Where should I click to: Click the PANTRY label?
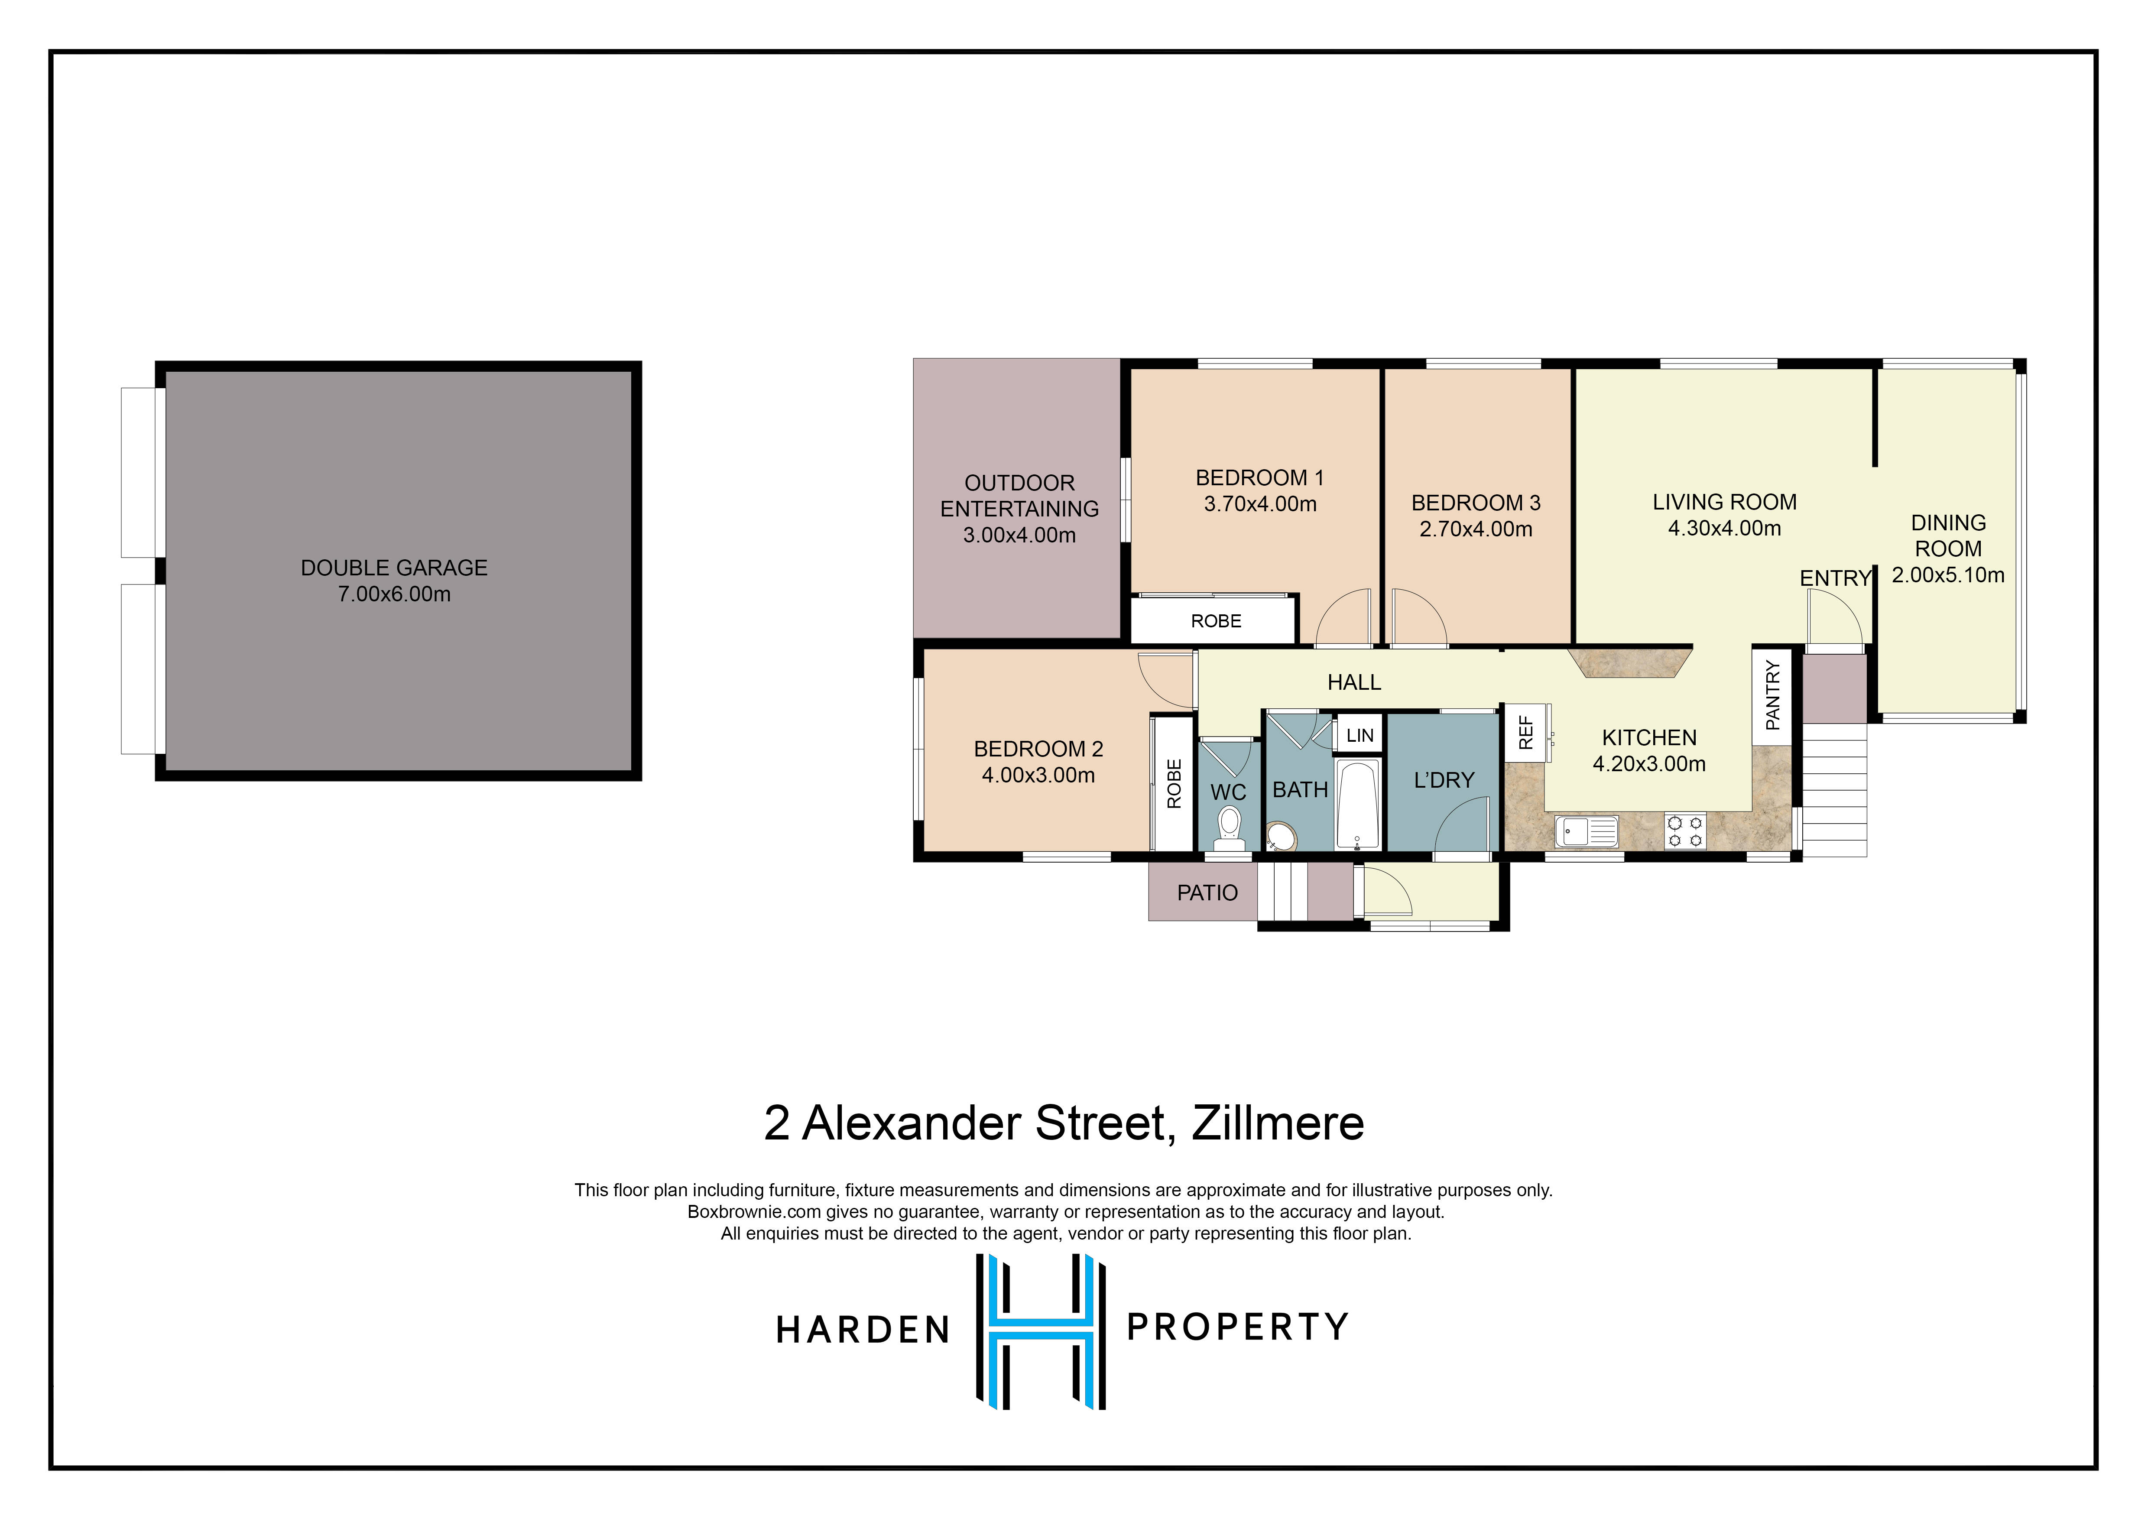pyautogui.click(x=1773, y=695)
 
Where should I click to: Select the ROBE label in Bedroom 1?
pyautogui.click(x=1216, y=621)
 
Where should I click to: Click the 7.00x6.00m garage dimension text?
pyautogui.click(x=394, y=594)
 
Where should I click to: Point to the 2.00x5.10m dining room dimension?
pyautogui.click(x=1948, y=575)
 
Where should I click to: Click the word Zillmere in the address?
pyautogui.click(x=1278, y=1123)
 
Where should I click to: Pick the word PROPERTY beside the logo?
pyautogui.click(x=1238, y=1326)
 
